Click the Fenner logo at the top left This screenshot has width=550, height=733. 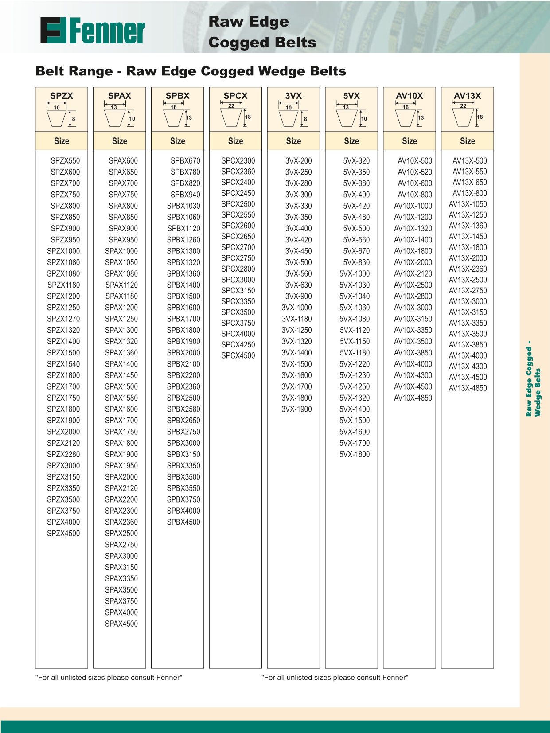(93, 31)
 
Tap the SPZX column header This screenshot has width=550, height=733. (62, 96)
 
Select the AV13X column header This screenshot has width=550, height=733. (467, 96)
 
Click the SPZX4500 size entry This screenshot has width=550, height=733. (63, 534)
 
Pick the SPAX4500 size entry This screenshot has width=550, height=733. (121, 624)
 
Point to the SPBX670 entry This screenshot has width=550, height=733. (185, 161)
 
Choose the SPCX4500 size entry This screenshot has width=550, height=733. (238, 355)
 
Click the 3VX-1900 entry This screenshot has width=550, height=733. (296, 409)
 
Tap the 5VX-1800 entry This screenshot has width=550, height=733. (355, 454)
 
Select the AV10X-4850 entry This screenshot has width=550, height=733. (413, 398)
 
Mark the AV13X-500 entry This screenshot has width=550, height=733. (469, 161)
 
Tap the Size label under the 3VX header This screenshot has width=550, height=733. (293, 141)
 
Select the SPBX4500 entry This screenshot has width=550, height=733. (183, 522)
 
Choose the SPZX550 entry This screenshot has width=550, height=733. (65, 161)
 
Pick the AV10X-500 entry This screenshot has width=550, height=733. (415, 161)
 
